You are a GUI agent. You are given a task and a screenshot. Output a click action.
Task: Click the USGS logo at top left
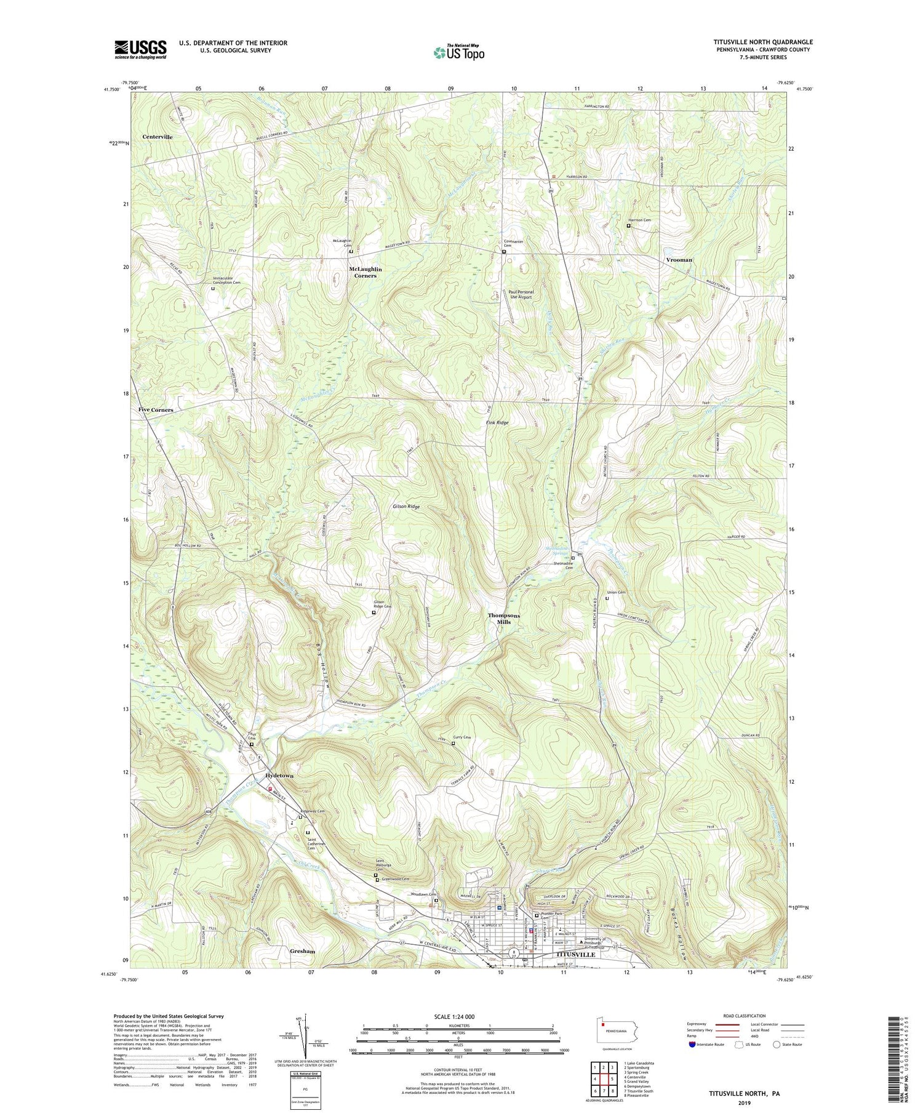(140, 49)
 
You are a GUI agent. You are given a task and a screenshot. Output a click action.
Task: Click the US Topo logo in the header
(458, 53)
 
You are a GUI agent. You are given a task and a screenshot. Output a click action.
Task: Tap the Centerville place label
(158, 137)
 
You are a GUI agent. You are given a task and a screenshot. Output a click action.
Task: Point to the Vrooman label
(679, 260)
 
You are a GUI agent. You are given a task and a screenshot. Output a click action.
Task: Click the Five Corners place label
(156, 410)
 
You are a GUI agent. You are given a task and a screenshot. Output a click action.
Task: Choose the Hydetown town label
(279, 776)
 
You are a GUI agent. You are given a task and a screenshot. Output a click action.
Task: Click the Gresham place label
(302, 951)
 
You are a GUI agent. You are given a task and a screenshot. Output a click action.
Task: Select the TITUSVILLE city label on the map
(575, 955)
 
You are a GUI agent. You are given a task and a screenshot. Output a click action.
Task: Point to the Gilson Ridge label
(406, 507)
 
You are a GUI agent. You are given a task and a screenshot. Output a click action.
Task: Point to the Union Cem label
(617, 593)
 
